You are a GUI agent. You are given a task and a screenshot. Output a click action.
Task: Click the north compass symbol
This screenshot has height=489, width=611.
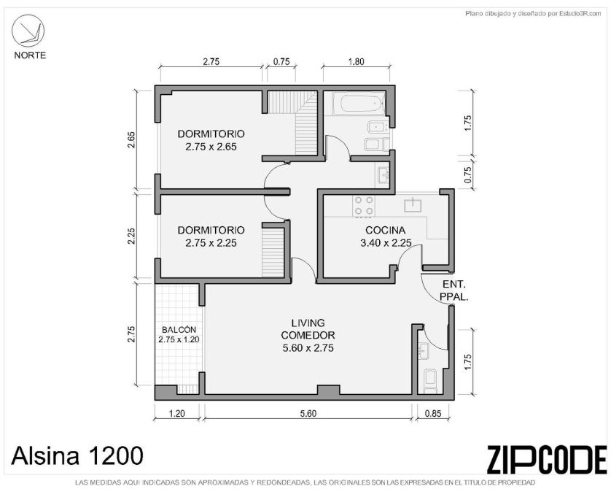pyautogui.click(x=28, y=31)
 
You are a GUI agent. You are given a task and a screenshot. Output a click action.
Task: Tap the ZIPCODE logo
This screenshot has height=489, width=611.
pyautogui.click(x=547, y=459)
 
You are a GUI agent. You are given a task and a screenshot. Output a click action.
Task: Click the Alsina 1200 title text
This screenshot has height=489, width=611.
pyautogui.click(x=77, y=455)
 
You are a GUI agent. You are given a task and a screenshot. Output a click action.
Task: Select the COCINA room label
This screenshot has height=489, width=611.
pyautogui.click(x=385, y=230)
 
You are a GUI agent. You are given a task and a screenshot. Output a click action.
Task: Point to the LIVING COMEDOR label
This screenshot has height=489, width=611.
pyautogui.click(x=308, y=328)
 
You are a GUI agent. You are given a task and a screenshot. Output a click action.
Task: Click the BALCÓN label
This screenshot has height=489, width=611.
pyautogui.click(x=179, y=329)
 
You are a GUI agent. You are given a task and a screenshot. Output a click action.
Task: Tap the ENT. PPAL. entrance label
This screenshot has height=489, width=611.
pyautogui.click(x=454, y=290)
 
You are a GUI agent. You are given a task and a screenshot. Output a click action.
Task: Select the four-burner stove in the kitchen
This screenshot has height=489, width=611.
pyautogui.click(x=364, y=206)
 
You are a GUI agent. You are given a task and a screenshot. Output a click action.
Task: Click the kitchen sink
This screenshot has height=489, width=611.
pyautogui.click(x=413, y=205)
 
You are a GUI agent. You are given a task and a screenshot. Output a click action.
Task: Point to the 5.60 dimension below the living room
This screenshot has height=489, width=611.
pyautogui.click(x=308, y=413)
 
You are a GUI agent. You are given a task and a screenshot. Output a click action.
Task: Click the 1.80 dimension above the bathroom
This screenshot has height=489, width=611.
pyautogui.click(x=356, y=61)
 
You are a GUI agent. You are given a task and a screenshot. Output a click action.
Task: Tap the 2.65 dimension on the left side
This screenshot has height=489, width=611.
pyautogui.click(x=131, y=140)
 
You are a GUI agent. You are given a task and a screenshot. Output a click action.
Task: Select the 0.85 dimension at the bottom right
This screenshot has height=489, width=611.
pyautogui.click(x=433, y=413)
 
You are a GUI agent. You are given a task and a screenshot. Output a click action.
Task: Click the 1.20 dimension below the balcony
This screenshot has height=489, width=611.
pyautogui.click(x=176, y=413)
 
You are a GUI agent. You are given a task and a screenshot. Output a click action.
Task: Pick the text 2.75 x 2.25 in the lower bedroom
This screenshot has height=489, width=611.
pyautogui.click(x=211, y=243)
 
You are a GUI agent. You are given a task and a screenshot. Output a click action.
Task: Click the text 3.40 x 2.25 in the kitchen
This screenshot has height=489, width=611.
pyautogui.click(x=386, y=243)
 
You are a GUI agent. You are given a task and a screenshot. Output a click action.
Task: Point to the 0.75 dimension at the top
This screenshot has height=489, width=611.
pyautogui.click(x=281, y=61)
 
